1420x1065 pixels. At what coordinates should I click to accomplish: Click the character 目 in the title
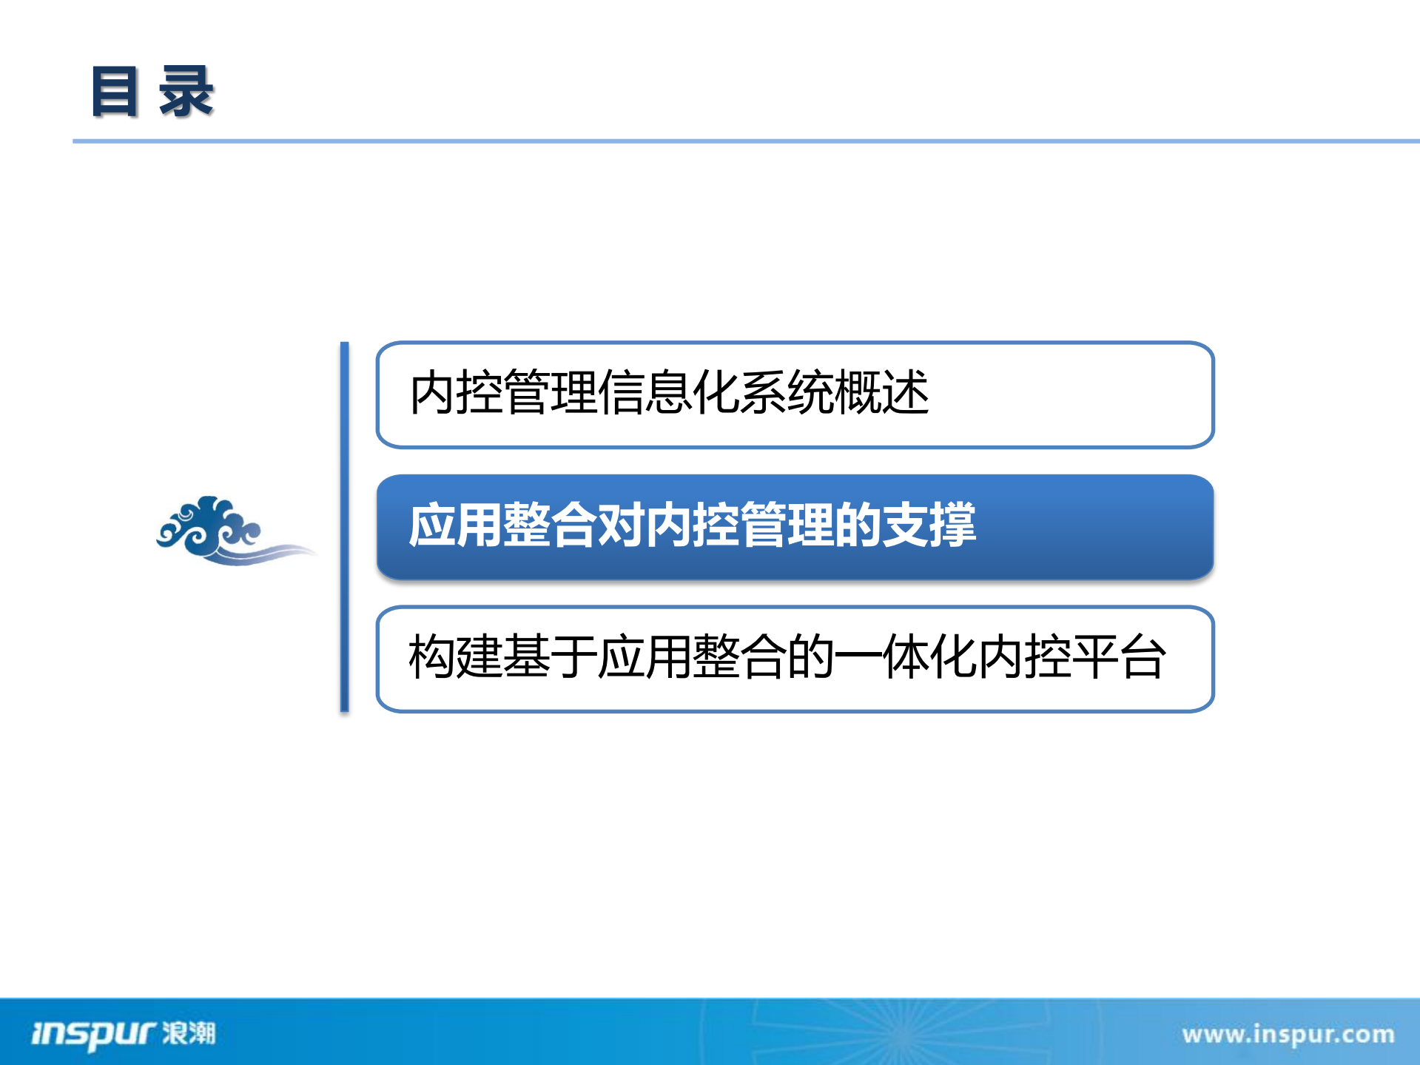pyautogui.click(x=115, y=92)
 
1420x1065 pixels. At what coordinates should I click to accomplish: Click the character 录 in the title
pyautogui.click(x=186, y=92)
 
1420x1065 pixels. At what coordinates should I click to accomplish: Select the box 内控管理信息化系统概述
pyautogui.click(x=795, y=395)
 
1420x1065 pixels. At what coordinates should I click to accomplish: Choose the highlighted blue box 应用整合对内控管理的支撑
pyautogui.click(x=795, y=527)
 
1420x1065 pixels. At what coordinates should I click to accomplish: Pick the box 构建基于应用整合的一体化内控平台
pyautogui.click(x=795, y=659)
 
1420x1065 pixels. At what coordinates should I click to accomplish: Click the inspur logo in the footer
pyautogui.click(x=92, y=1033)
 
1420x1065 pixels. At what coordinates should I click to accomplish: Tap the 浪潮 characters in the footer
pyautogui.click(x=189, y=1032)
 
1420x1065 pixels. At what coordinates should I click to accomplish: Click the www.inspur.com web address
pyautogui.click(x=1288, y=1034)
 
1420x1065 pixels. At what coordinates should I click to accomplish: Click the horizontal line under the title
pyautogui.click(x=740, y=141)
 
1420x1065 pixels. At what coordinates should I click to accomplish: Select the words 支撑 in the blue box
pyautogui.click(x=929, y=525)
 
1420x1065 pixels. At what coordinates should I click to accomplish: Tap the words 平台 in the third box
pyautogui.click(x=1119, y=657)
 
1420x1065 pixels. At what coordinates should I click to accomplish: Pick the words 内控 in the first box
pyautogui.click(x=456, y=392)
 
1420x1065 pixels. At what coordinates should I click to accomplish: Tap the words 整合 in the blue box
pyautogui.click(x=550, y=525)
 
